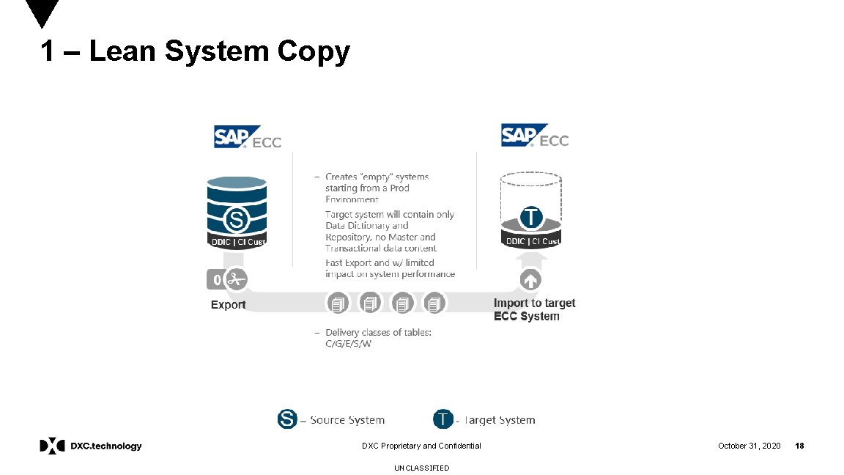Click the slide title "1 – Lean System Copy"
[x=195, y=52]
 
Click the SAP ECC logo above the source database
[x=248, y=137]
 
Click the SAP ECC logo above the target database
[x=535, y=136]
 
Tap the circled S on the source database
[x=236, y=218]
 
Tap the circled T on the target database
[x=531, y=217]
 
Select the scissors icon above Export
[x=234, y=279]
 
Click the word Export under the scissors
[x=228, y=304]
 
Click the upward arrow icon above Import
[x=530, y=279]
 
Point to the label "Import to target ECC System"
[x=534, y=309]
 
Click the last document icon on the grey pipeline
[x=435, y=302]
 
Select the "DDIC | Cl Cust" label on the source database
[x=237, y=242]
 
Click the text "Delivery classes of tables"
[x=378, y=332]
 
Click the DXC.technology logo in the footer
[x=91, y=446]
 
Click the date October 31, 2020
[x=749, y=446]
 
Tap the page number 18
[x=799, y=446]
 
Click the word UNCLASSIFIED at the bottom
[x=421, y=468]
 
